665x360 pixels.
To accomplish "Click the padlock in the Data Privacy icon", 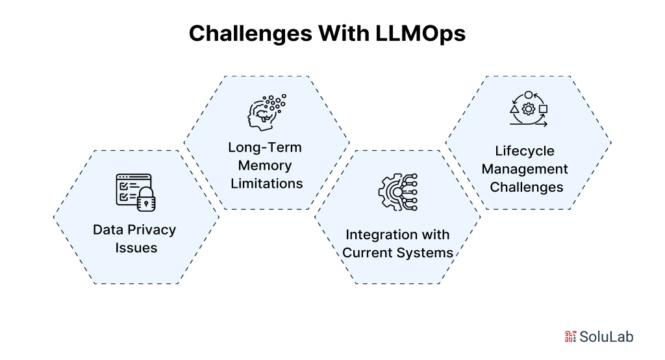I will coord(147,201).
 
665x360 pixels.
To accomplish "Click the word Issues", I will coord(136,248).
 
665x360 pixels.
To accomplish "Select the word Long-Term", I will coord(265,148).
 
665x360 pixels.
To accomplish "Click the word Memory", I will coord(265,166).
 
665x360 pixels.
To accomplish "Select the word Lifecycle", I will coord(525,151).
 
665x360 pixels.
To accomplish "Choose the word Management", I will coord(525,170).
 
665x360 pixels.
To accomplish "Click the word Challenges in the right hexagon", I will coord(526,188).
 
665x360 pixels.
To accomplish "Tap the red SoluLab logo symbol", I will coord(571,336).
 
